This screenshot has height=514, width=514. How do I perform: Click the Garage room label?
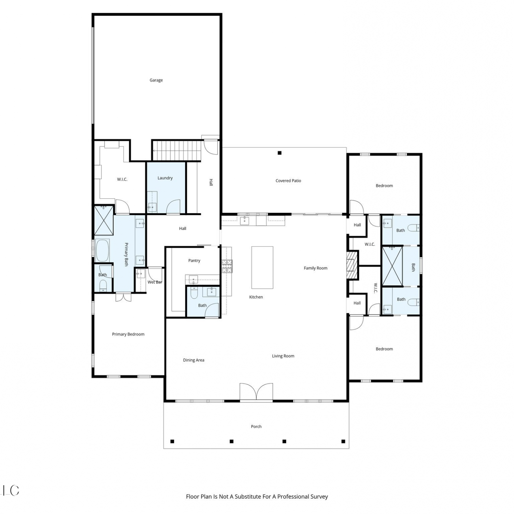[156, 80]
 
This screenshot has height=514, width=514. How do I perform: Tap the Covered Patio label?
[288, 181]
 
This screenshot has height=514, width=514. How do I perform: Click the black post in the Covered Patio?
[280, 153]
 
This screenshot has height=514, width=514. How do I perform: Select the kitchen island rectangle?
[262, 268]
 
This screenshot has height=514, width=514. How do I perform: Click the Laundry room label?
[165, 178]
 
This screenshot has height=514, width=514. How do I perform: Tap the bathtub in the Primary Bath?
[102, 250]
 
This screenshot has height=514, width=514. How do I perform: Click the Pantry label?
[194, 260]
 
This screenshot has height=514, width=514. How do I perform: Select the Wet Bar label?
[155, 282]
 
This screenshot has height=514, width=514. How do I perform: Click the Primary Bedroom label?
[128, 334]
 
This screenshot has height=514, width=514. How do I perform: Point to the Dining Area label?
[194, 360]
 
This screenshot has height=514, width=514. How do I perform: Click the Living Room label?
[283, 356]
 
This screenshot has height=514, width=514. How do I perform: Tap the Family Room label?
[316, 268]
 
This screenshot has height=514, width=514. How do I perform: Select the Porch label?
[256, 427]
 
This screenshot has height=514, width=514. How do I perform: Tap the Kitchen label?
[256, 297]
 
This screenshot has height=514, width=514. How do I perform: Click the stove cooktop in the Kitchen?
[227, 266]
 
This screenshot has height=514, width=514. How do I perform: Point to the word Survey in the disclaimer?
[319, 497]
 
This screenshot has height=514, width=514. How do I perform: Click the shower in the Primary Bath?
[103, 220]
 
